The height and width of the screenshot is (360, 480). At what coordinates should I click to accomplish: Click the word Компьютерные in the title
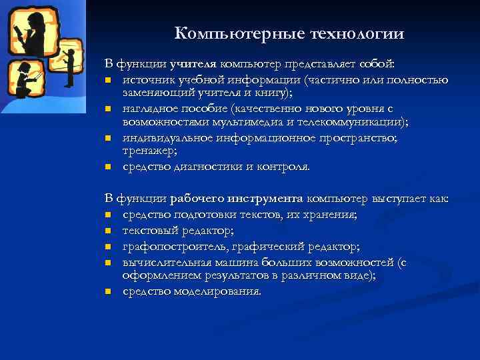tap(227, 33)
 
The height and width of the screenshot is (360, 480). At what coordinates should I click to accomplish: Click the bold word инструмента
tap(265, 199)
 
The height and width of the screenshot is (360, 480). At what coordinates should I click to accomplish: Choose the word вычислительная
tap(165, 263)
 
